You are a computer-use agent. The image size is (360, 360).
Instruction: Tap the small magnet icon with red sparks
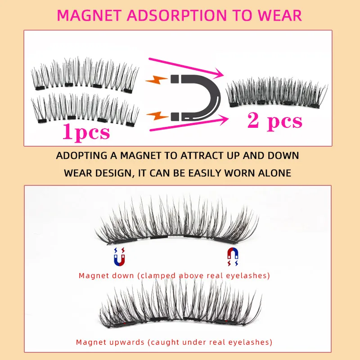click(x=233, y=257)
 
